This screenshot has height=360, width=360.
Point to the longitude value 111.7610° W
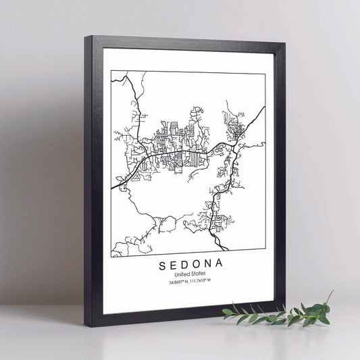[x=202, y=282]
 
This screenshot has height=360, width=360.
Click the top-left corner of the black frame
[x=86, y=36]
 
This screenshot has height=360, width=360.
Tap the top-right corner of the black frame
[x=284, y=45]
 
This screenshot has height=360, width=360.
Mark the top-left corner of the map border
[x=111, y=70]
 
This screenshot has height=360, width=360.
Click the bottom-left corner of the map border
[x=111, y=257]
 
